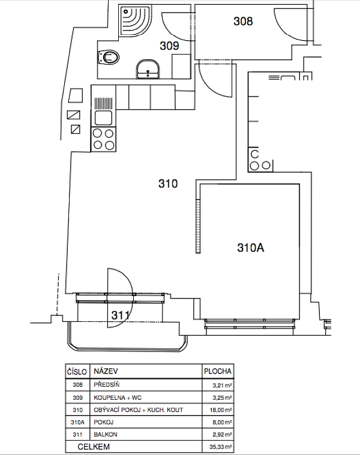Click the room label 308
pos(243,21)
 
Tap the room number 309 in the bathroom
pos(169,46)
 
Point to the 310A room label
pos(251,248)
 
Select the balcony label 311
pos(120,315)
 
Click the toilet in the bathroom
pos(108,58)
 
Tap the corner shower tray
pos(135,20)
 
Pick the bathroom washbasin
pos(148,69)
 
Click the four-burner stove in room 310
pos(103,139)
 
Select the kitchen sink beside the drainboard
pos(103,118)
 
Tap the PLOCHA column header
pos(218,371)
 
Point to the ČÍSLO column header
pos(77,372)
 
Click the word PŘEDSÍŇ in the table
pos(107,384)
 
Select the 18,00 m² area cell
pos(221,410)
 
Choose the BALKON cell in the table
pos(106,435)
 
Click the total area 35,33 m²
pos(221,447)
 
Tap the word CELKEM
pos(94,447)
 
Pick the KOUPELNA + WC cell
pos(118,397)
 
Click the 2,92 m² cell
pos(222,435)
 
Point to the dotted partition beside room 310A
pos(198,227)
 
